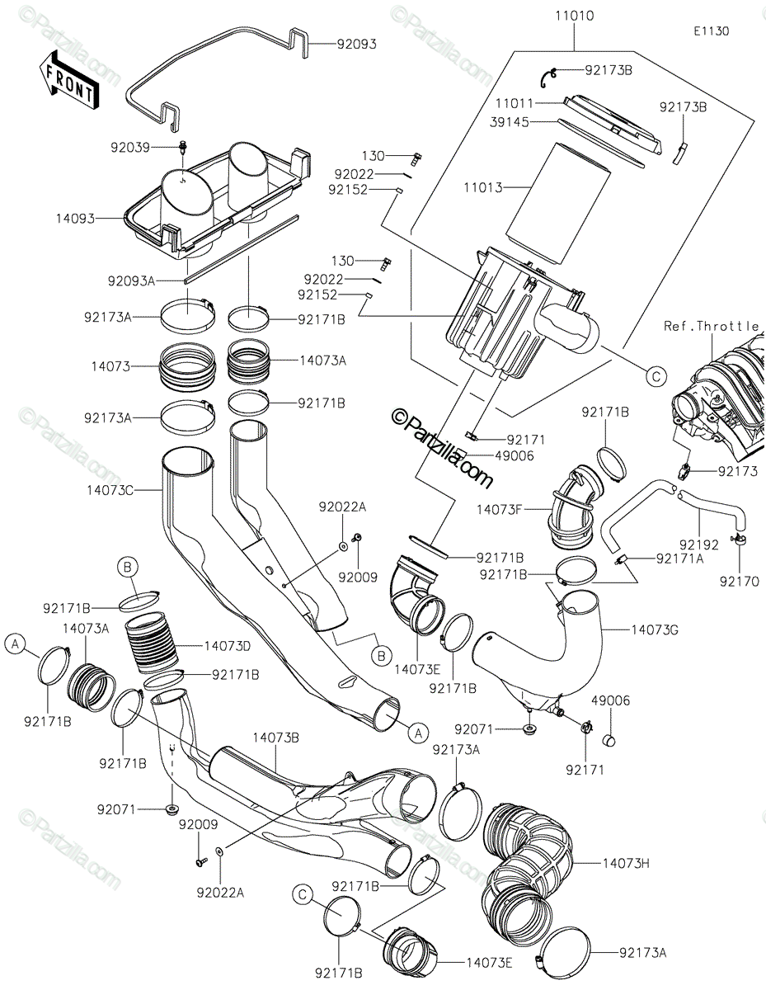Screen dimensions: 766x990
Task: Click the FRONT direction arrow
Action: coord(68,81)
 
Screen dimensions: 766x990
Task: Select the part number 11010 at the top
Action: coord(575,16)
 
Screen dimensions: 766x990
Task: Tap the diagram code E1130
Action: coord(712,31)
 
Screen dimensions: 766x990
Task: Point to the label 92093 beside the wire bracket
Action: coord(357,45)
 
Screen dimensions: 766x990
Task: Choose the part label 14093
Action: coord(75,219)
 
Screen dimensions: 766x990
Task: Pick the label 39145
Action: coord(510,122)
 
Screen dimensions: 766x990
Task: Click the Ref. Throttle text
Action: coord(712,326)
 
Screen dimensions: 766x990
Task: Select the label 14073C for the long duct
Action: coord(110,490)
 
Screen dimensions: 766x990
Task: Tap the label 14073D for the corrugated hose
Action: coord(228,646)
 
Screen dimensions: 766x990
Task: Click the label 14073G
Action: coord(655,630)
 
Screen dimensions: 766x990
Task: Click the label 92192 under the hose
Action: coord(699,544)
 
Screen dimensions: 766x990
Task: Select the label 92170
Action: coord(740,582)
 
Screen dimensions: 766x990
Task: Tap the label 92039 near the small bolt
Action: coord(130,148)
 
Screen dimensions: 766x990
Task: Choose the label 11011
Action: coord(515,103)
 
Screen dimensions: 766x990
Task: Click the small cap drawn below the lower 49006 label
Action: coord(609,741)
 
